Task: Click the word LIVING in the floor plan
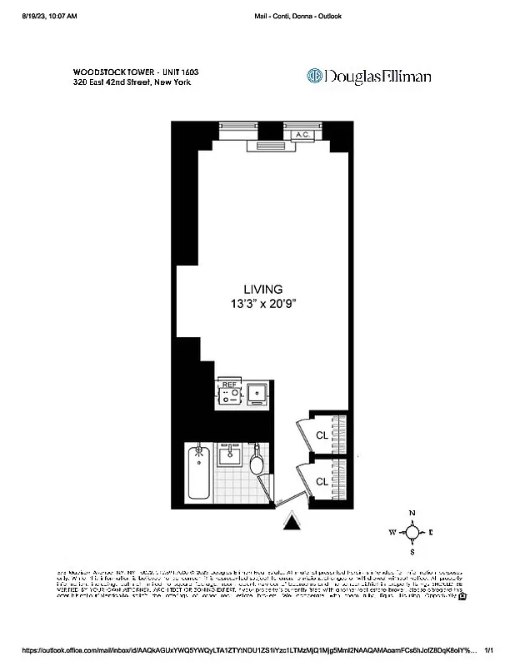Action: pyautogui.click(x=263, y=289)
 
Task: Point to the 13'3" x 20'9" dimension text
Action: pyautogui.click(x=263, y=304)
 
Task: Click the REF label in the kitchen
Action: pyautogui.click(x=227, y=385)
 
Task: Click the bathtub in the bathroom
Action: pyautogui.click(x=198, y=473)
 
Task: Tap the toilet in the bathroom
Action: pyautogui.click(x=257, y=463)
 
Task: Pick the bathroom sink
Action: pyautogui.click(x=227, y=457)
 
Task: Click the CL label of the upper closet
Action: pyautogui.click(x=321, y=434)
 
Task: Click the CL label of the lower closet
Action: pyautogui.click(x=321, y=482)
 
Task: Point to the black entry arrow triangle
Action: pyautogui.click(x=292, y=521)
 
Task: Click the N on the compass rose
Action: pyautogui.click(x=411, y=514)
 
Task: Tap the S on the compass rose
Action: pyautogui.click(x=412, y=551)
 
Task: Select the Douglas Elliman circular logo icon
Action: pyautogui.click(x=315, y=77)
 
